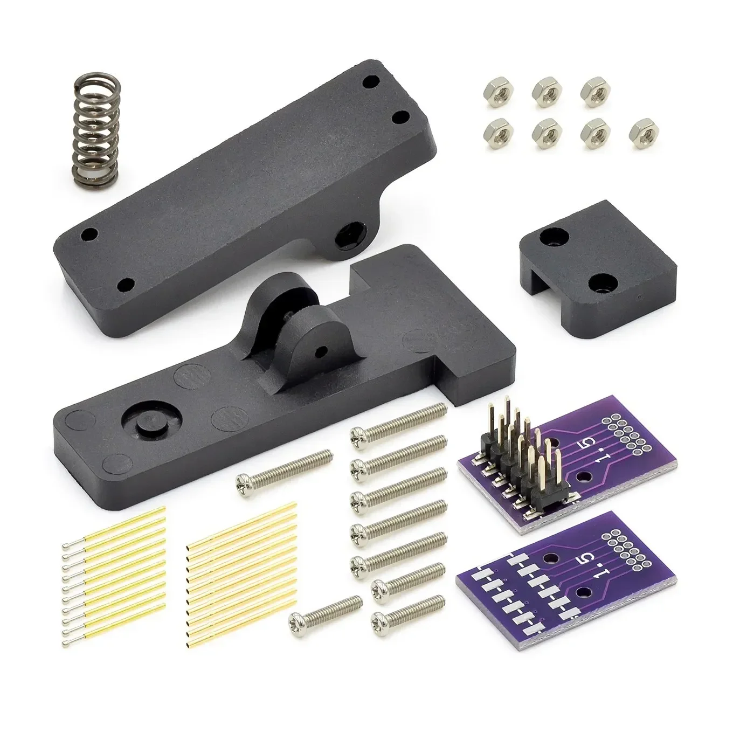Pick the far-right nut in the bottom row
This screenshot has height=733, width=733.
pos(641,131)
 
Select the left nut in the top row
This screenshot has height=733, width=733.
pos(496,92)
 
